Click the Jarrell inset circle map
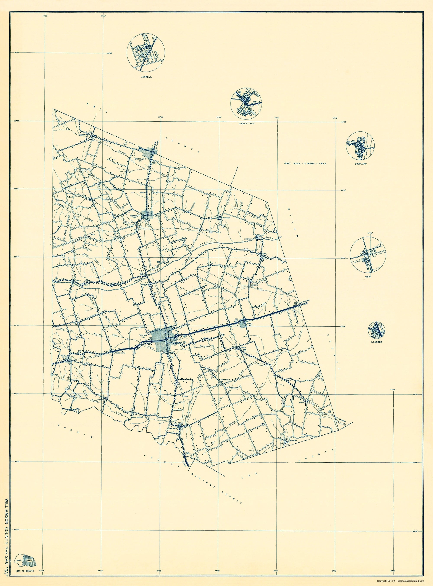click(x=146, y=52)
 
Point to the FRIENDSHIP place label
click(x=226, y=218)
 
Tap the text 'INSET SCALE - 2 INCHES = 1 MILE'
click(x=305, y=163)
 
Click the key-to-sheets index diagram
click(x=26, y=561)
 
